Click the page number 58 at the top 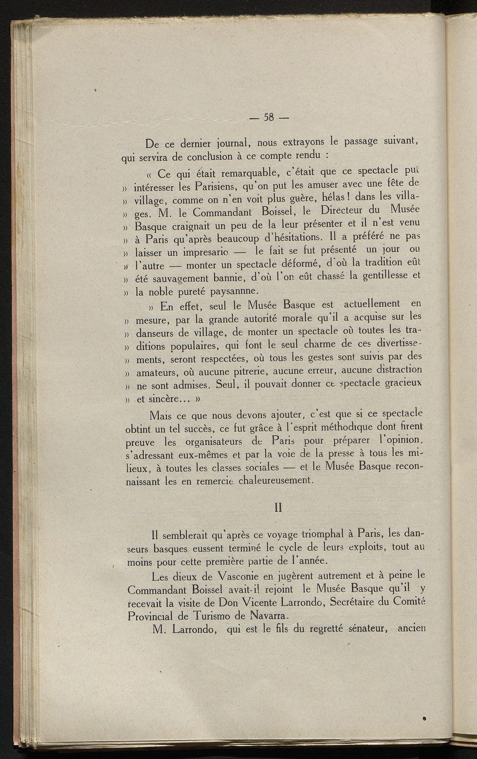pyautogui.click(x=269, y=118)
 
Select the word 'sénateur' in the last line pyautogui.click(x=368, y=630)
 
